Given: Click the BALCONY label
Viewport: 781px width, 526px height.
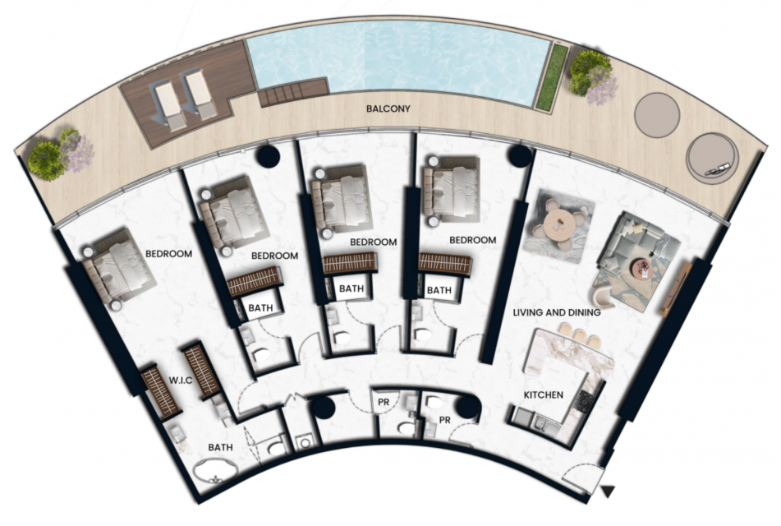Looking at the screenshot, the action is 388,108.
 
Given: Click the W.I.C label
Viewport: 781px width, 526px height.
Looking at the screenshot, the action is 180,381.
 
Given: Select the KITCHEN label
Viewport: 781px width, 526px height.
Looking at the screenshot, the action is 544,394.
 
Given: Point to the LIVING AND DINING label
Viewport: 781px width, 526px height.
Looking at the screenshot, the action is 557,312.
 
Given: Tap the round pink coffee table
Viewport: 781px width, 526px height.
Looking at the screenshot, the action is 641,270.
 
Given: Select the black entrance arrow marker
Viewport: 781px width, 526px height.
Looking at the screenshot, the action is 608,491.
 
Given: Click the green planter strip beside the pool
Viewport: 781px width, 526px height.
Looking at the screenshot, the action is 551,76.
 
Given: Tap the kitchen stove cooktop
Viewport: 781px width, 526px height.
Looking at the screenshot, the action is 583,401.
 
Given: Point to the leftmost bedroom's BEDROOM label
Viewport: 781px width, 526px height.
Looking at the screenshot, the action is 169,254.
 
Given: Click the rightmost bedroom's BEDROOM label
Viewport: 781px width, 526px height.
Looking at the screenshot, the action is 473,240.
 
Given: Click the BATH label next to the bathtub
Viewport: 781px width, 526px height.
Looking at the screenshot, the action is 220,447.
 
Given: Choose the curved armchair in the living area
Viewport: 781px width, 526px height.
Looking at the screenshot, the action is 604,295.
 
